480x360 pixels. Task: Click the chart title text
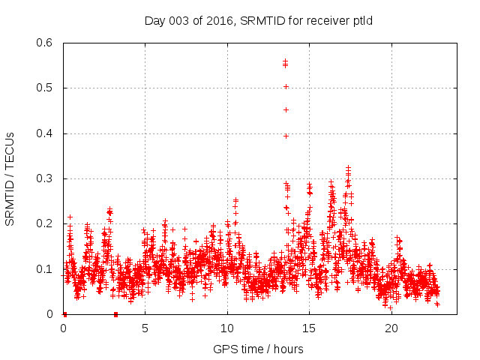tap(259, 20)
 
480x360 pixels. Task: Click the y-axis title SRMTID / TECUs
tap(10, 179)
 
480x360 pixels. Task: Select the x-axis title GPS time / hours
tap(259, 349)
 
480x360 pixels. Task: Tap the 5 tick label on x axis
tap(145, 328)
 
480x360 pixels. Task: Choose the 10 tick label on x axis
tap(227, 328)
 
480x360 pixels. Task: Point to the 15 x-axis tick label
tap(309, 328)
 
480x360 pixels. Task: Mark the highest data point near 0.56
tap(285, 61)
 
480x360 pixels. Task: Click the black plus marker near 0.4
tap(286, 136)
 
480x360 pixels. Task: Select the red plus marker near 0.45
tap(286, 109)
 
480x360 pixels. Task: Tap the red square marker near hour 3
tap(115, 314)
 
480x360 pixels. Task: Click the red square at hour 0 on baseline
tap(64, 314)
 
